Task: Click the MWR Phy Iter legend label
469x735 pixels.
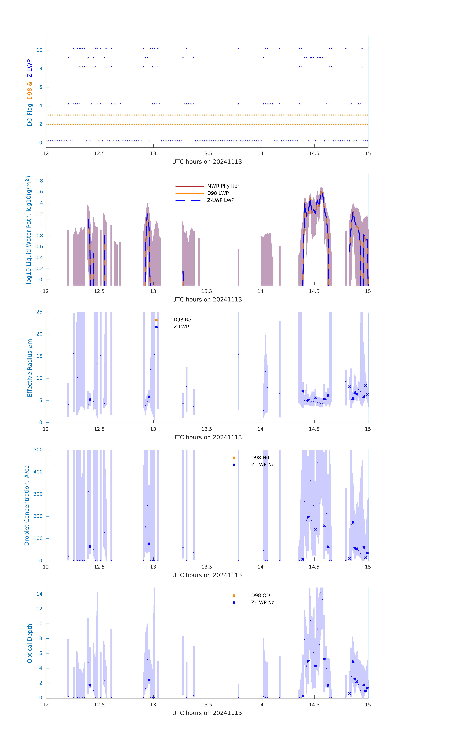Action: click(x=223, y=186)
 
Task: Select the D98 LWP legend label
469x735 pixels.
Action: click(x=218, y=193)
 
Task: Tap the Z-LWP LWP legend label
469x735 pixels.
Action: click(x=221, y=200)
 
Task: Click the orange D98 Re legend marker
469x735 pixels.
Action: click(x=156, y=320)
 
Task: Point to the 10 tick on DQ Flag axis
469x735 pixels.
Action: click(x=39, y=50)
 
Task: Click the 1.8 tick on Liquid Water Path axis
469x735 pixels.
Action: click(x=39, y=181)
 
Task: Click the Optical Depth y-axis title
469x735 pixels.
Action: click(x=30, y=643)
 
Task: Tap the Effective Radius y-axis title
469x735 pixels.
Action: click(x=30, y=368)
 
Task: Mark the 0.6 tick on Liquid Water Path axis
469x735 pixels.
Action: click(x=39, y=247)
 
